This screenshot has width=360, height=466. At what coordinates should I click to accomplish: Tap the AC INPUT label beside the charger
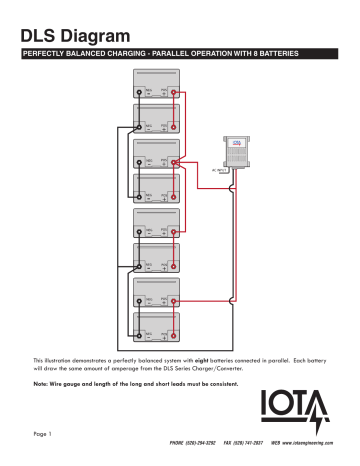(221, 171)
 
